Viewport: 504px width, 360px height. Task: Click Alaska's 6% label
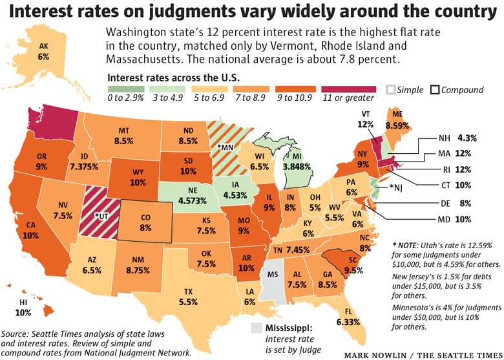pos(44,56)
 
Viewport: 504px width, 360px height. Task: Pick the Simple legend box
pos(391,89)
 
